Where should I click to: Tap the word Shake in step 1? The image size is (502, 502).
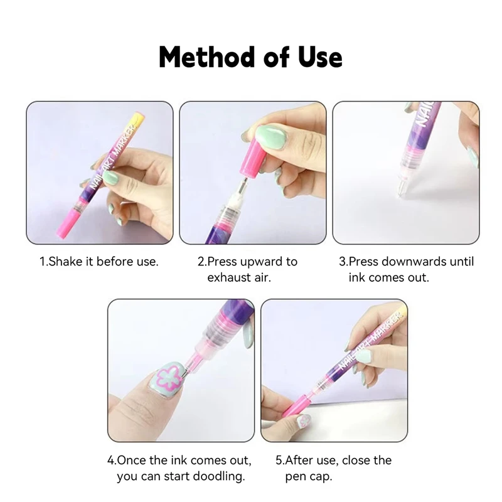(x=67, y=261)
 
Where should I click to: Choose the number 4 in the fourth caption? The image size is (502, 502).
(x=111, y=460)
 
